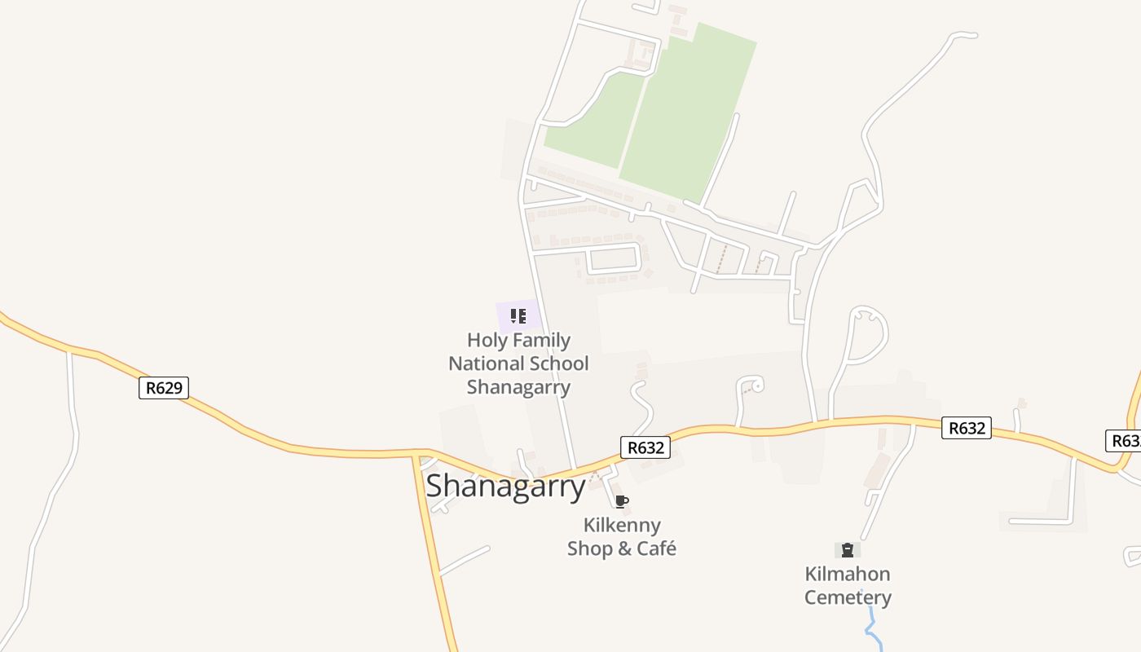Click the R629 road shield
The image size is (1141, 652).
[x=164, y=388]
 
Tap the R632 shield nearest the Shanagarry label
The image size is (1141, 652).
[x=645, y=447]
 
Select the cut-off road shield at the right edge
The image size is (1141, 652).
[x=1126, y=440]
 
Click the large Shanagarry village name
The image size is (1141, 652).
[x=505, y=487]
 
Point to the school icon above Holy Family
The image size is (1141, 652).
[x=518, y=315]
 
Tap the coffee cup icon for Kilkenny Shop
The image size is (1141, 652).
[x=622, y=501]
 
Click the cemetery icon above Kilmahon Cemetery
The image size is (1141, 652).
[x=848, y=550]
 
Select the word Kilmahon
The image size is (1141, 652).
[x=848, y=574]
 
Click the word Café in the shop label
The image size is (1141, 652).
[x=657, y=548]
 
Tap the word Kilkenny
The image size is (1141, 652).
[x=622, y=525]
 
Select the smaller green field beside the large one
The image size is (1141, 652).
[x=595, y=122]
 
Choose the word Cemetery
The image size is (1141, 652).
[x=848, y=597]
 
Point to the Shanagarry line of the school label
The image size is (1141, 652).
[x=518, y=387]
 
